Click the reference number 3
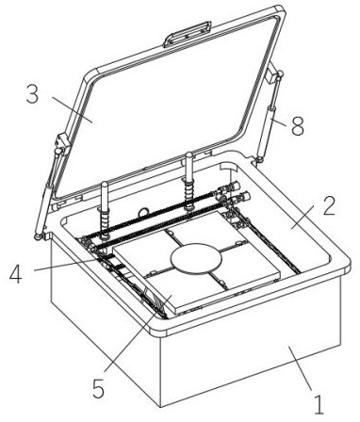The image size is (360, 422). [32, 94]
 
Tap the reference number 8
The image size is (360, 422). [298, 126]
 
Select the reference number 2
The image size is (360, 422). [329, 205]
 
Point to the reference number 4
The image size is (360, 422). [16, 275]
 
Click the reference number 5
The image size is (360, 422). [99, 390]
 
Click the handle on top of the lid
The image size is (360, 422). [187, 34]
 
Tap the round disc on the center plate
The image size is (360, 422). [196, 259]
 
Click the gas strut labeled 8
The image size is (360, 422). [269, 117]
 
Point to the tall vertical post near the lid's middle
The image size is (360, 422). [189, 181]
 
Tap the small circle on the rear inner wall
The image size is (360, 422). [143, 212]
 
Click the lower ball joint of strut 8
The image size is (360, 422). [259, 160]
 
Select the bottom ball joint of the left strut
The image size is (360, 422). [39, 237]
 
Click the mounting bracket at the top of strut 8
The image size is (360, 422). [270, 76]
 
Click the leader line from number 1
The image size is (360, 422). [300, 367]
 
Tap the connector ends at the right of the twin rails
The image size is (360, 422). [234, 192]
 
